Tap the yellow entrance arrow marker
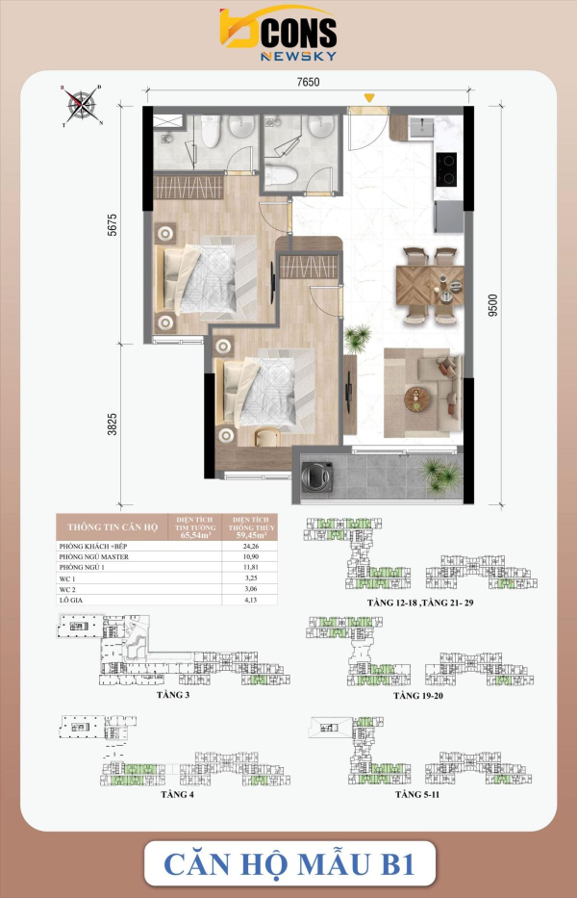tap(368, 96)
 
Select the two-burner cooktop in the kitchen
tap(448, 169)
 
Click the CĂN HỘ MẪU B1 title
tap(288, 862)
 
